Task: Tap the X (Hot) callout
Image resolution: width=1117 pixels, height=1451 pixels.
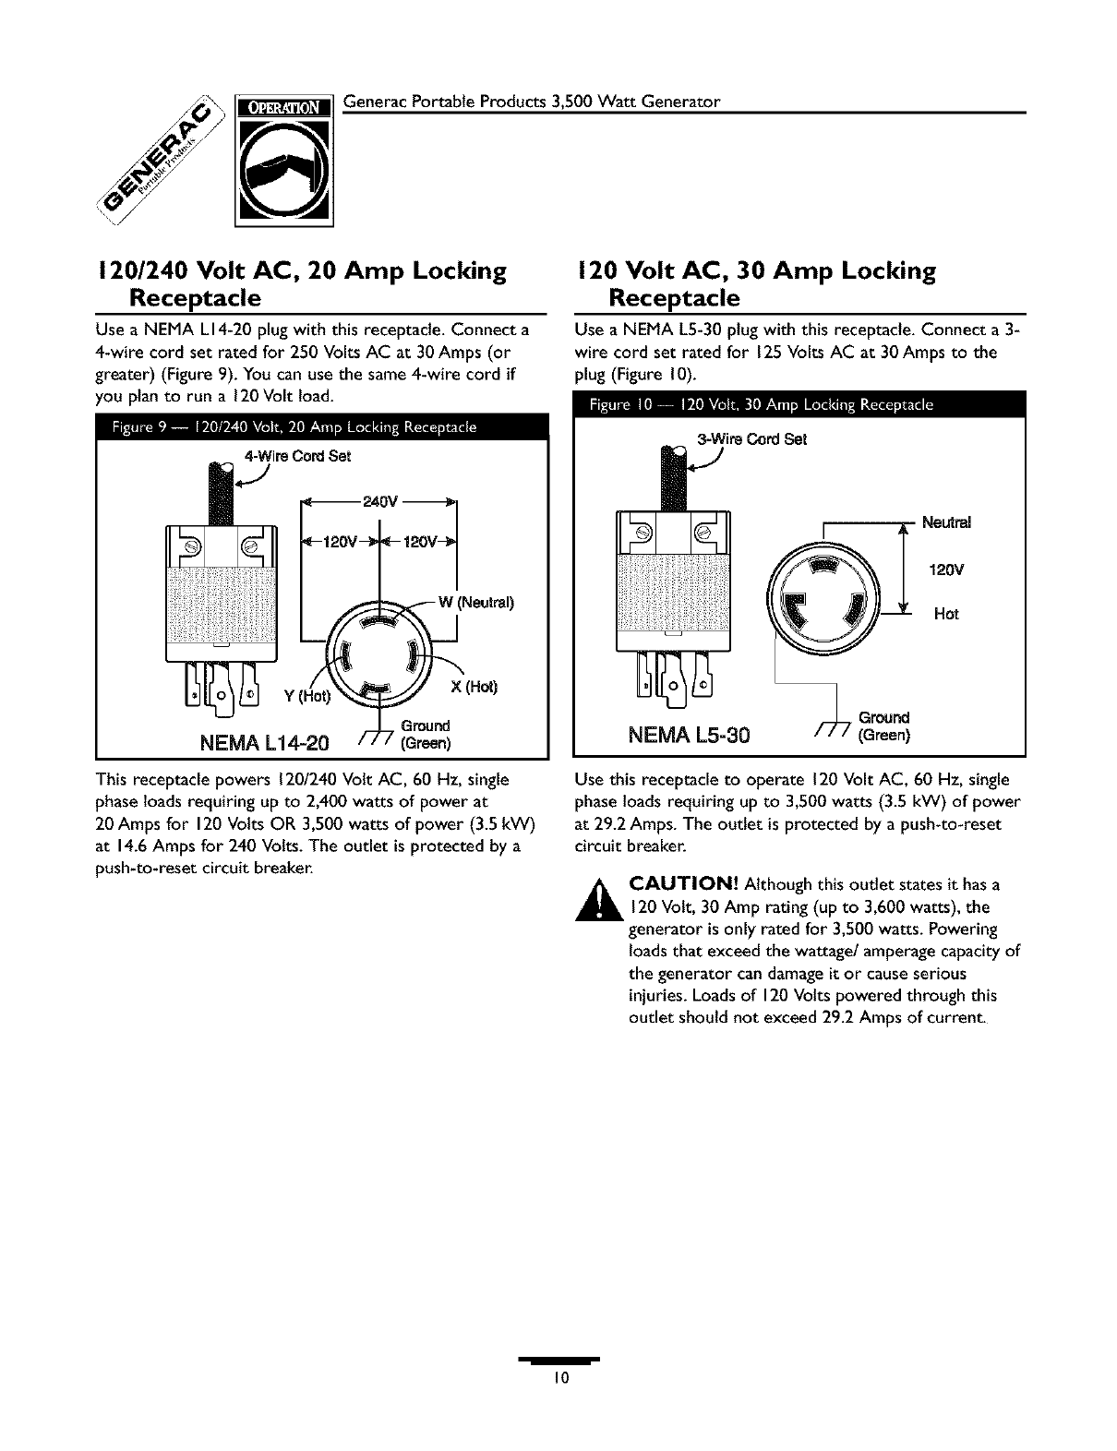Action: point(476,687)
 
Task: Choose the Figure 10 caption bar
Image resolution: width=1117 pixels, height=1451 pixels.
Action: point(799,404)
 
